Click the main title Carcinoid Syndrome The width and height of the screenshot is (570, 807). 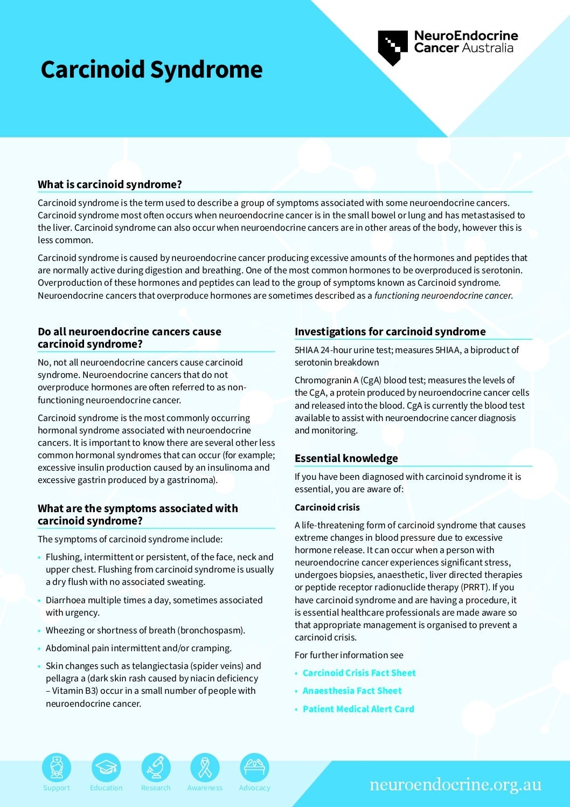(x=151, y=70)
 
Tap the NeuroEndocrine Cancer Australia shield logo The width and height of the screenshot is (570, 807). (x=392, y=47)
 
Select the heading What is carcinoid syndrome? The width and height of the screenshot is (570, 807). (x=110, y=184)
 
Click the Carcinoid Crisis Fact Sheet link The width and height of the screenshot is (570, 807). (x=359, y=673)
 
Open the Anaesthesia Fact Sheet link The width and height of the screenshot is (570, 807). (x=352, y=691)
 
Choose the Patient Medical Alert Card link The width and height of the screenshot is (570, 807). (x=358, y=709)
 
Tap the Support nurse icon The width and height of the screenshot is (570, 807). (x=57, y=767)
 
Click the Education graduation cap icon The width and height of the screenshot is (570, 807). (x=106, y=767)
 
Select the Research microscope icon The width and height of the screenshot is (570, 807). (x=156, y=767)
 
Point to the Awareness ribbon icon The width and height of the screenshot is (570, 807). (x=205, y=767)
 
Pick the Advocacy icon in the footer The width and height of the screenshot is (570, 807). (x=254, y=767)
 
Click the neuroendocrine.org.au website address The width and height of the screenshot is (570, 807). (x=455, y=785)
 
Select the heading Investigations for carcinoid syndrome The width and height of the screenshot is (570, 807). (x=390, y=332)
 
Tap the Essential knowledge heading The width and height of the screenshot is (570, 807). (x=346, y=458)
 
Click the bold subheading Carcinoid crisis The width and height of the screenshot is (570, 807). (x=327, y=507)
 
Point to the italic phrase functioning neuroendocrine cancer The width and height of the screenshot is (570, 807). (x=443, y=295)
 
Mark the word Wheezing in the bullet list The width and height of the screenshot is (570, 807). (x=65, y=630)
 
